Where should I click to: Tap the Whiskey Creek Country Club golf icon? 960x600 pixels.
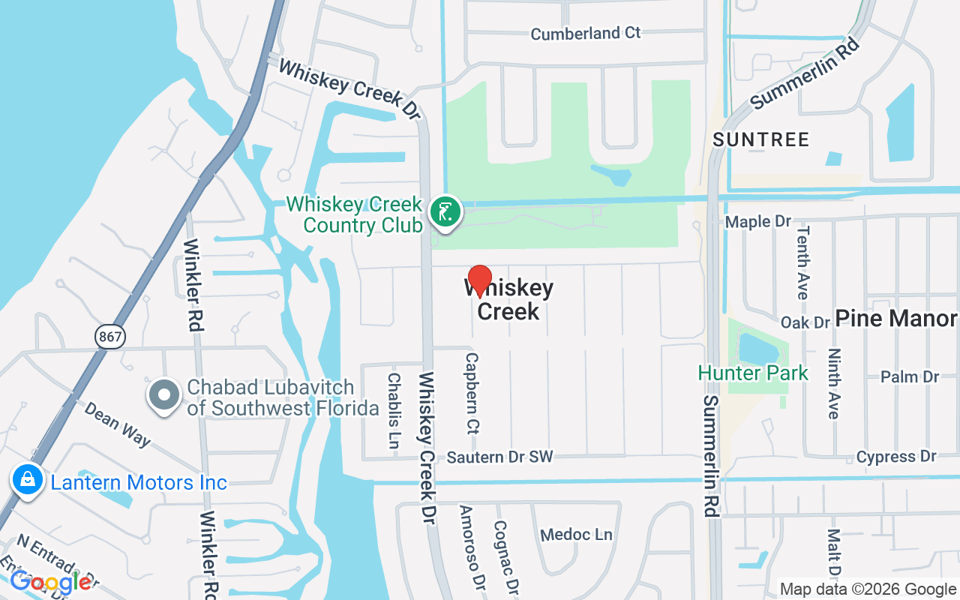point(445,213)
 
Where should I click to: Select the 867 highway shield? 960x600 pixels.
point(110,337)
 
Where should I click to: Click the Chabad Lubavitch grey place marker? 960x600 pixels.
point(164,395)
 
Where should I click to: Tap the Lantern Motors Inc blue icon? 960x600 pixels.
point(28,481)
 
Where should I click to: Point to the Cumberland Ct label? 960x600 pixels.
point(586,34)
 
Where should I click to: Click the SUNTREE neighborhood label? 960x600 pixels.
point(761,139)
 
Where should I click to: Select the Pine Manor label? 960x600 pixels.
point(896,319)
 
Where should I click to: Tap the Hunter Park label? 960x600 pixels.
point(753,373)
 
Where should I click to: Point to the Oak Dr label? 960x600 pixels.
point(805,322)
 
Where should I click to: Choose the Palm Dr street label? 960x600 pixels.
point(910,376)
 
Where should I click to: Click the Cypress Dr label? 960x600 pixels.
point(896,456)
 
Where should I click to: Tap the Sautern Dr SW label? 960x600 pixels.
point(499,457)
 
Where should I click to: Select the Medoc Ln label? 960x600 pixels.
point(576,535)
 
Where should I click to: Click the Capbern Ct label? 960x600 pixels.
point(472,394)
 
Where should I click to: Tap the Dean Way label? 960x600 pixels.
point(117,424)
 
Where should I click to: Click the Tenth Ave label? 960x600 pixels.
point(802,262)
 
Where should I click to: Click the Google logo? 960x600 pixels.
point(51,581)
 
